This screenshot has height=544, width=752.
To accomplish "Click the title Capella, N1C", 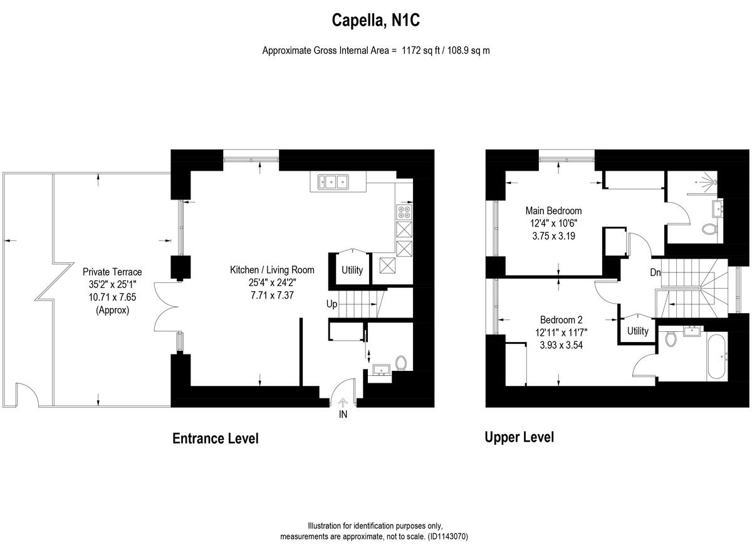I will pyautogui.click(x=375, y=21).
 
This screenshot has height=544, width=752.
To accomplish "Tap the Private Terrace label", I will pyautogui.click(x=112, y=272).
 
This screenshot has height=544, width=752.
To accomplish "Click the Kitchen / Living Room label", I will pyautogui.click(x=272, y=270).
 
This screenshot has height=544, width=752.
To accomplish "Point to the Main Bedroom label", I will pyautogui.click(x=553, y=211).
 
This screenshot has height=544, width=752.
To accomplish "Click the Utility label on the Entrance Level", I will pyautogui.click(x=352, y=270).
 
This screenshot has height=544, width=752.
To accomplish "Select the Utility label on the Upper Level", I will pyautogui.click(x=637, y=331).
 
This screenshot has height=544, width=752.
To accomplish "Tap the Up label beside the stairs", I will pyautogui.click(x=332, y=304).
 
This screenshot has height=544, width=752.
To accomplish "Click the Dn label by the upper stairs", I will pyautogui.click(x=655, y=273).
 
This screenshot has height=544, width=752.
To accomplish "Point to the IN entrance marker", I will pyautogui.click(x=343, y=415).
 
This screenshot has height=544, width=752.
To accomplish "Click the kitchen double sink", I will pyautogui.click(x=333, y=183).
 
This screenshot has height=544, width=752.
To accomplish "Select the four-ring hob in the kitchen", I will pyautogui.click(x=404, y=211).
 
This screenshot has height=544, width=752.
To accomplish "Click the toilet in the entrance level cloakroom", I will pyautogui.click(x=401, y=363).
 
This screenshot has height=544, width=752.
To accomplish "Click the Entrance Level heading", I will pyautogui.click(x=215, y=439).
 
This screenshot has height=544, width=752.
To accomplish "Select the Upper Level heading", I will pyautogui.click(x=519, y=437).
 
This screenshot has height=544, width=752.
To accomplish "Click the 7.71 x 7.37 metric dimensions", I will pyautogui.click(x=272, y=294).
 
